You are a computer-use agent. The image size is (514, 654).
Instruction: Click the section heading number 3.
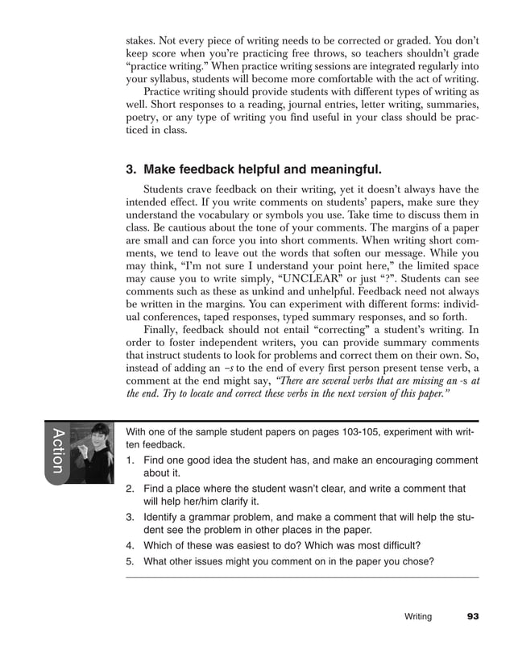point(131,170)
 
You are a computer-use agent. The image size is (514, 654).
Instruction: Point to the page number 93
point(472,617)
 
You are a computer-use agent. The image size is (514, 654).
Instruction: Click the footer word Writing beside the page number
point(417,617)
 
